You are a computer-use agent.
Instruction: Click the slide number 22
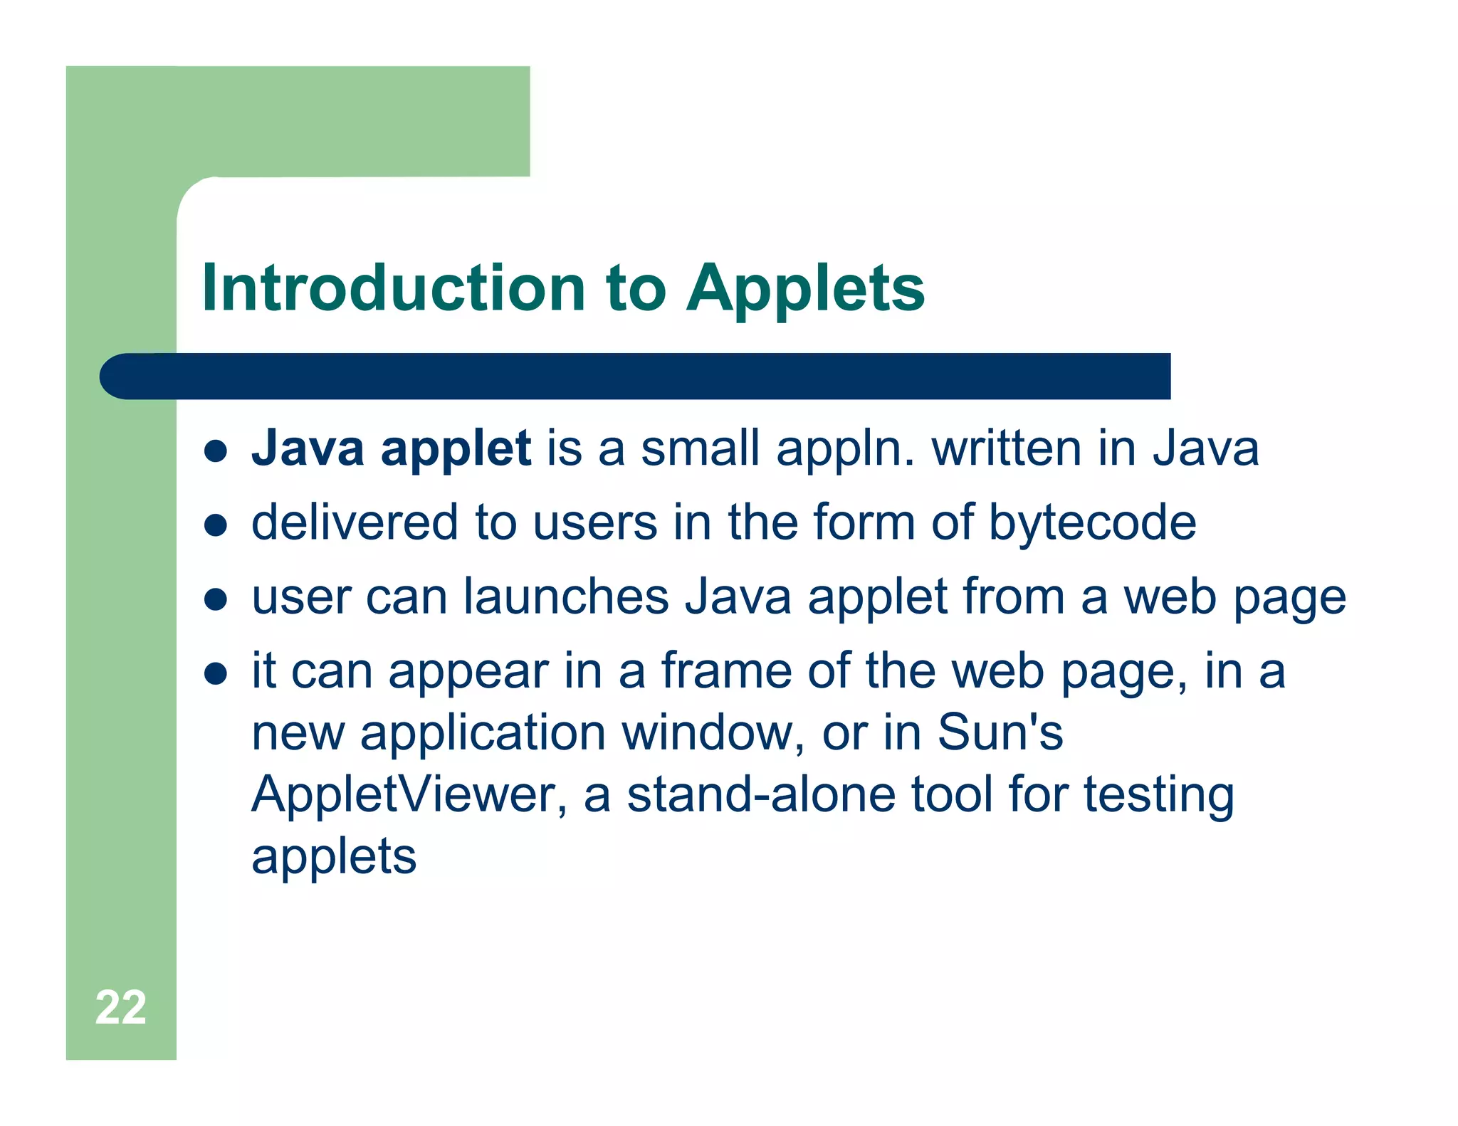click(x=120, y=1007)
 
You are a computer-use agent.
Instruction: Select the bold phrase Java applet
click(x=391, y=450)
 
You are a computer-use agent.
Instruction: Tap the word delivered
click(x=354, y=522)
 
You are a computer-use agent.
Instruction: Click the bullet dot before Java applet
click(x=215, y=451)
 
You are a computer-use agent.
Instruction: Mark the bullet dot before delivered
click(x=215, y=525)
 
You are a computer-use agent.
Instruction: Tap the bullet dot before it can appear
click(x=215, y=673)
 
